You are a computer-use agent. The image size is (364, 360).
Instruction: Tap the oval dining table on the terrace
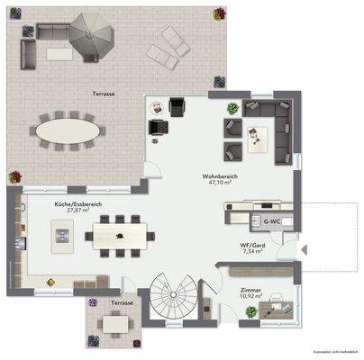pos(68,130)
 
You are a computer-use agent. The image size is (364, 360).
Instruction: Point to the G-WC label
pos(270,220)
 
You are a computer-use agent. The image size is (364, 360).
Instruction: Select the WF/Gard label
pos(251,246)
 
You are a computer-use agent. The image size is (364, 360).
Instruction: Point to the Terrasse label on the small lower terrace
pos(122,303)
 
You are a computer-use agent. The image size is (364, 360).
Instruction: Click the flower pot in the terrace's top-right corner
pos(219,13)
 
